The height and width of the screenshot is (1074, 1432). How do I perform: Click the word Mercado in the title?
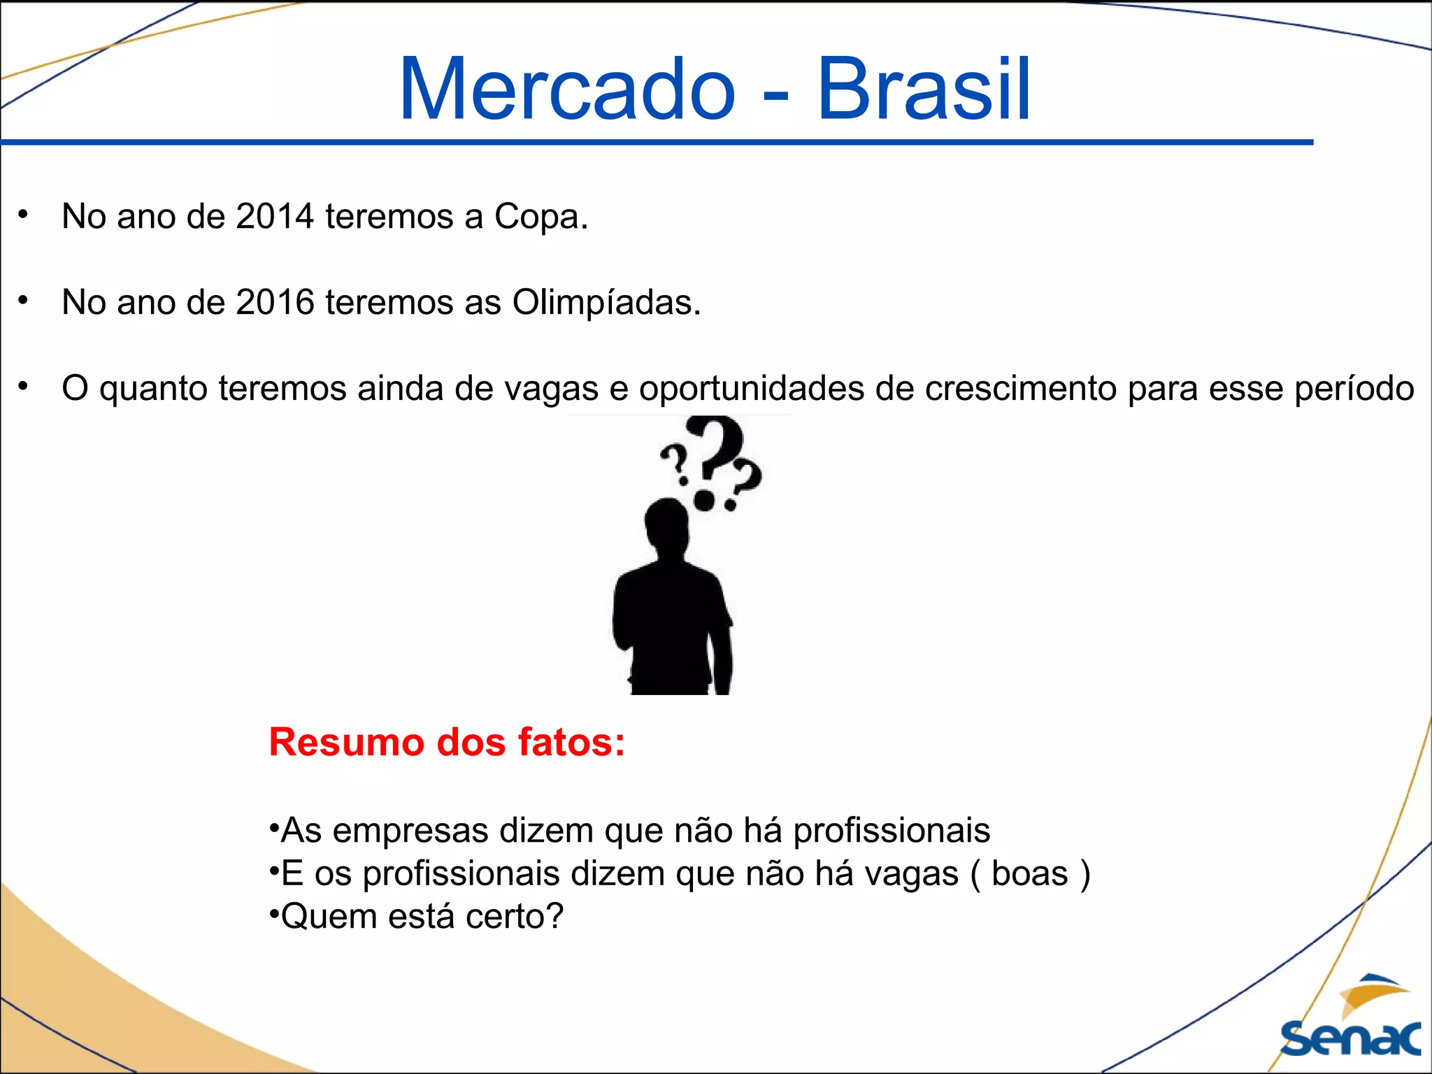coord(566,89)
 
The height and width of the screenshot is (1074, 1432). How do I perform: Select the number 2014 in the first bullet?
coord(275,216)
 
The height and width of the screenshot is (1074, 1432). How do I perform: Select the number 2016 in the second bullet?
coord(275,302)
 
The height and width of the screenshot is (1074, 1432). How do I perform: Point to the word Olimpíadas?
coord(606,303)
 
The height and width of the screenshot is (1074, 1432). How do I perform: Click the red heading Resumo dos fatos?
coord(447,742)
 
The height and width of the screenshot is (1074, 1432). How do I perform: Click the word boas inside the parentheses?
coord(1029,873)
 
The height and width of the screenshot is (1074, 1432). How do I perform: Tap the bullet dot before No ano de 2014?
coord(23,214)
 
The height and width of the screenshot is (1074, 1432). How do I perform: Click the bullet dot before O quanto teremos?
coord(23,386)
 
